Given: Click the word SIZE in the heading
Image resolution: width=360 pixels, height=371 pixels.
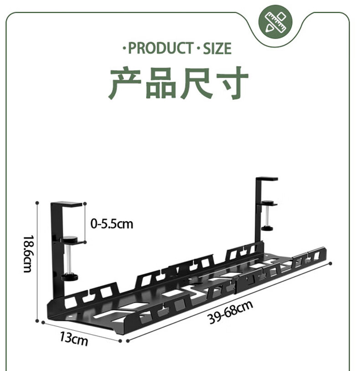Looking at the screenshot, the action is click(x=217, y=48).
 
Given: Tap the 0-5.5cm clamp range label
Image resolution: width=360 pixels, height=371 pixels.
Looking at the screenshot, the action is click(x=112, y=224).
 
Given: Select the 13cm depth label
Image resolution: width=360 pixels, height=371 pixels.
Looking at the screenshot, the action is click(x=73, y=339).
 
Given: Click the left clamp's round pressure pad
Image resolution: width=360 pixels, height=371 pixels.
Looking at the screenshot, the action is click(x=70, y=239).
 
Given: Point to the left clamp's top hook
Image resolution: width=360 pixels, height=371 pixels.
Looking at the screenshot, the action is click(x=67, y=205).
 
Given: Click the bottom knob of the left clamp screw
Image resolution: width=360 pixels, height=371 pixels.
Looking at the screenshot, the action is click(x=70, y=277).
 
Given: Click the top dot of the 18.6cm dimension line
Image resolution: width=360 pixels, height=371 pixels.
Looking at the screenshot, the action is click(x=37, y=203).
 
